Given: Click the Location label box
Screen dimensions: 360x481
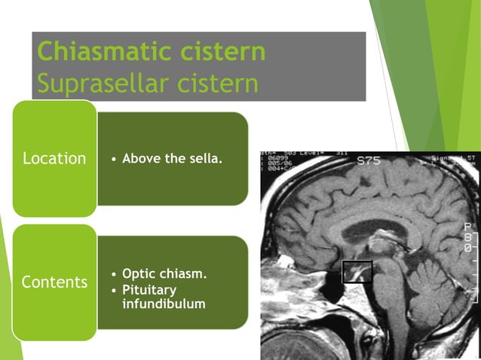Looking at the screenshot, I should tap(54, 159).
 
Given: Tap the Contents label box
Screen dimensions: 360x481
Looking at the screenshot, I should tap(54, 282).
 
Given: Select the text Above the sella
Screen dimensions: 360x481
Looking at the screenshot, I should tap(172, 158).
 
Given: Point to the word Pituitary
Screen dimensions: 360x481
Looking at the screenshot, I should tap(149, 289).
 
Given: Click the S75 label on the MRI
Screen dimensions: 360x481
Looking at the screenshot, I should tap(369, 160).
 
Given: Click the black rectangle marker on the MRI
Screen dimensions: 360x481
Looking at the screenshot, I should tap(357, 271).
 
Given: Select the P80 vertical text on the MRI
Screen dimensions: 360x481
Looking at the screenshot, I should tap(469, 236).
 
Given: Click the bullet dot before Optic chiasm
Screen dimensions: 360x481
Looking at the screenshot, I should tap(113, 274).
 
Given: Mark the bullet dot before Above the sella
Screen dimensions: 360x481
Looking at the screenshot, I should tap(113, 159).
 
